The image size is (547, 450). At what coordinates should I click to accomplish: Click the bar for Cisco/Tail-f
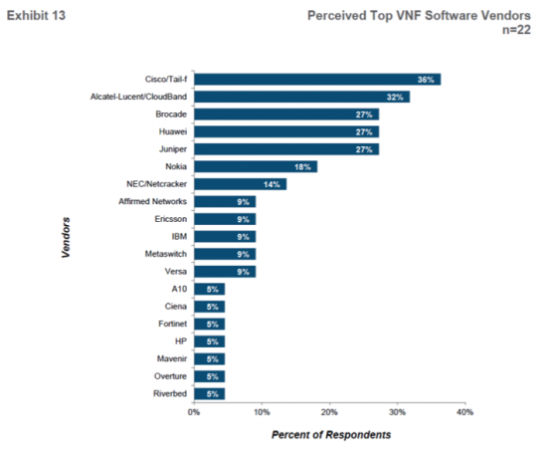pyautogui.click(x=316, y=80)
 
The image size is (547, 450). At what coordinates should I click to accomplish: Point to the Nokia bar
pyautogui.click(x=256, y=166)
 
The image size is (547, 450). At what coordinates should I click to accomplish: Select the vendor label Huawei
pyautogui.click(x=171, y=131)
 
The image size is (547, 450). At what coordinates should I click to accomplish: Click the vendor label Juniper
pyautogui.click(x=171, y=148)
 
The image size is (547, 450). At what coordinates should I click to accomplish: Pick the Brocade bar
pyautogui.click(x=285, y=114)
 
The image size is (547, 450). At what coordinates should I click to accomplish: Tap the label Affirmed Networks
pyautogui.click(x=152, y=201)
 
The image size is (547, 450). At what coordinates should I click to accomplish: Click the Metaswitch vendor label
pyautogui.click(x=164, y=253)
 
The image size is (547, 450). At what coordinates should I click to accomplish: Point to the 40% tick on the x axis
pyautogui.click(x=463, y=411)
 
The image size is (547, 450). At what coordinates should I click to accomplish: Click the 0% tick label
pyautogui.click(x=194, y=411)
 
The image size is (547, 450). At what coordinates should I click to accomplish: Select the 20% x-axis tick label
pyautogui.click(x=329, y=411)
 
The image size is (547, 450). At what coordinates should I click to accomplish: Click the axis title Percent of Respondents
pyautogui.click(x=330, y=435)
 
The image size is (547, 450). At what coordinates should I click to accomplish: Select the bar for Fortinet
pyautogui.click(x=209, y=323)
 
